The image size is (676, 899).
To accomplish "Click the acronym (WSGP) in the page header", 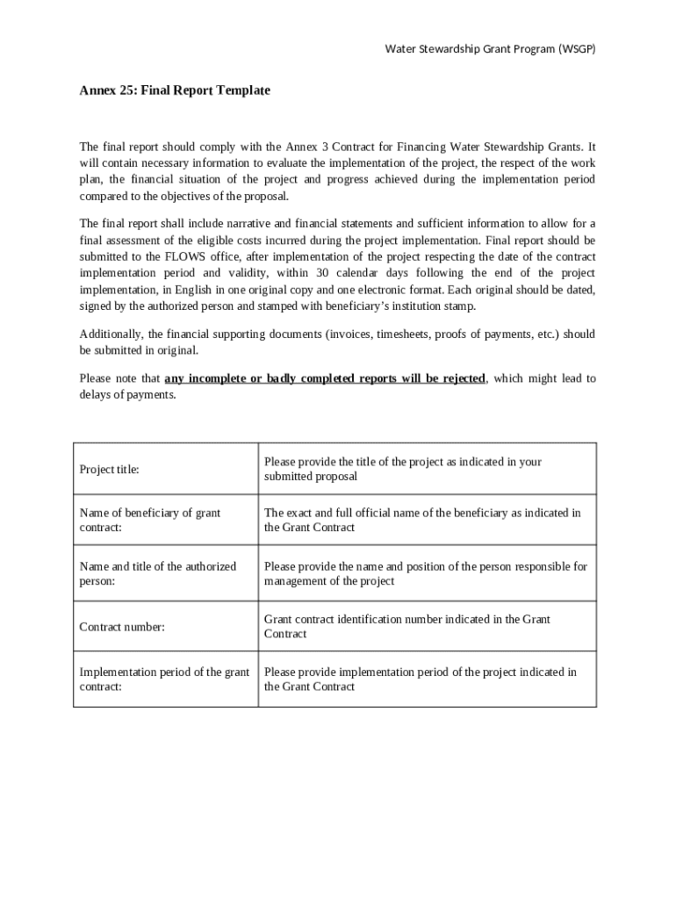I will click(576, 49).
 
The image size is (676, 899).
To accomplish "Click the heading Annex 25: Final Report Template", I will click(175, 90).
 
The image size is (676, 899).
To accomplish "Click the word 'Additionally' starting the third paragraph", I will click(111, 334).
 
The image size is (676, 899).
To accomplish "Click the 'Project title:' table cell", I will click(110, 470).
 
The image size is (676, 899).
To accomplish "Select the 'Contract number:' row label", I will click(122, 627).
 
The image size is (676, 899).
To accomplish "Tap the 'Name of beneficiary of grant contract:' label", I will click(150, 520).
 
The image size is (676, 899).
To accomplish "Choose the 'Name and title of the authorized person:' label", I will click(158, 573).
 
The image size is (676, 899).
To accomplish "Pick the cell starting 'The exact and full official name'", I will click(422, 520).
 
